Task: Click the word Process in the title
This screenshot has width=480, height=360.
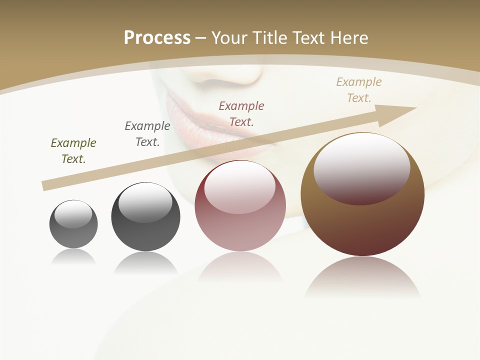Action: [x=157, y=38]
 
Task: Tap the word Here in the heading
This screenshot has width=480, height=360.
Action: [x=349, y=38]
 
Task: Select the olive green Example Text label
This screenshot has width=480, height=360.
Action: [x=73, y=151]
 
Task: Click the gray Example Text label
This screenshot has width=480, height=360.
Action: [x=147, y=134]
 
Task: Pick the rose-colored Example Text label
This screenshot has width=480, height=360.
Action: [x=241, y=114]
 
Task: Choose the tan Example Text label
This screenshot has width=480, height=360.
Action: [x=359, y=90]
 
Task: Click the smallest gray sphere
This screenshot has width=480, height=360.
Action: [x=73, y=235]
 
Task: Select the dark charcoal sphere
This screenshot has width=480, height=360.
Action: [x=145, y=235]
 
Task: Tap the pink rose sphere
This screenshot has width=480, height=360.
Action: [x=240, y=230]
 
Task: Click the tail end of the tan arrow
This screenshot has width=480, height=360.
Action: [x=46, y=185]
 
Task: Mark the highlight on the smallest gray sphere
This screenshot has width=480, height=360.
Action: [x=73, y=214]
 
